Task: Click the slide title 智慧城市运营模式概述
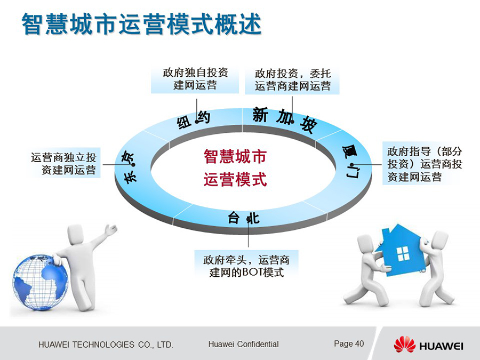pos(141,24)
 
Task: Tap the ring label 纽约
pos(194,121)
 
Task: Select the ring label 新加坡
pos(284,119)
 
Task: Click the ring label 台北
pos(244,218)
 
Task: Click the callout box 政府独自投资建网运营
pos(195,79)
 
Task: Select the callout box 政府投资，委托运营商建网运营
pos(292,80)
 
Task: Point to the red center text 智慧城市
pos(235,156)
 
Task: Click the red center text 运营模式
pos(235,179)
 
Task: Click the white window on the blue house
pos(403,253)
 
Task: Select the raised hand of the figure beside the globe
pos(111,229)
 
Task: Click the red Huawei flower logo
pos(404,345)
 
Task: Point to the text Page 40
pos(349,344)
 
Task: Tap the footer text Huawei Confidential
pos(243,344)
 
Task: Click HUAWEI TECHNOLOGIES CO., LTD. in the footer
pos(106,345)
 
